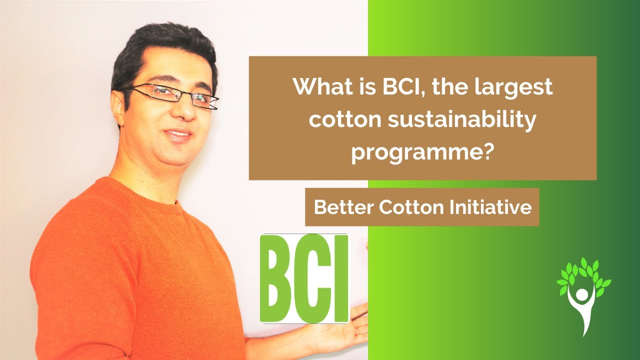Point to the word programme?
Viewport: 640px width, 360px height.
point(422,152)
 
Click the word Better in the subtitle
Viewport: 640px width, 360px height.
point(344,207)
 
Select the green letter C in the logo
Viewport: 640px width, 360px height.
point(315,278)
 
